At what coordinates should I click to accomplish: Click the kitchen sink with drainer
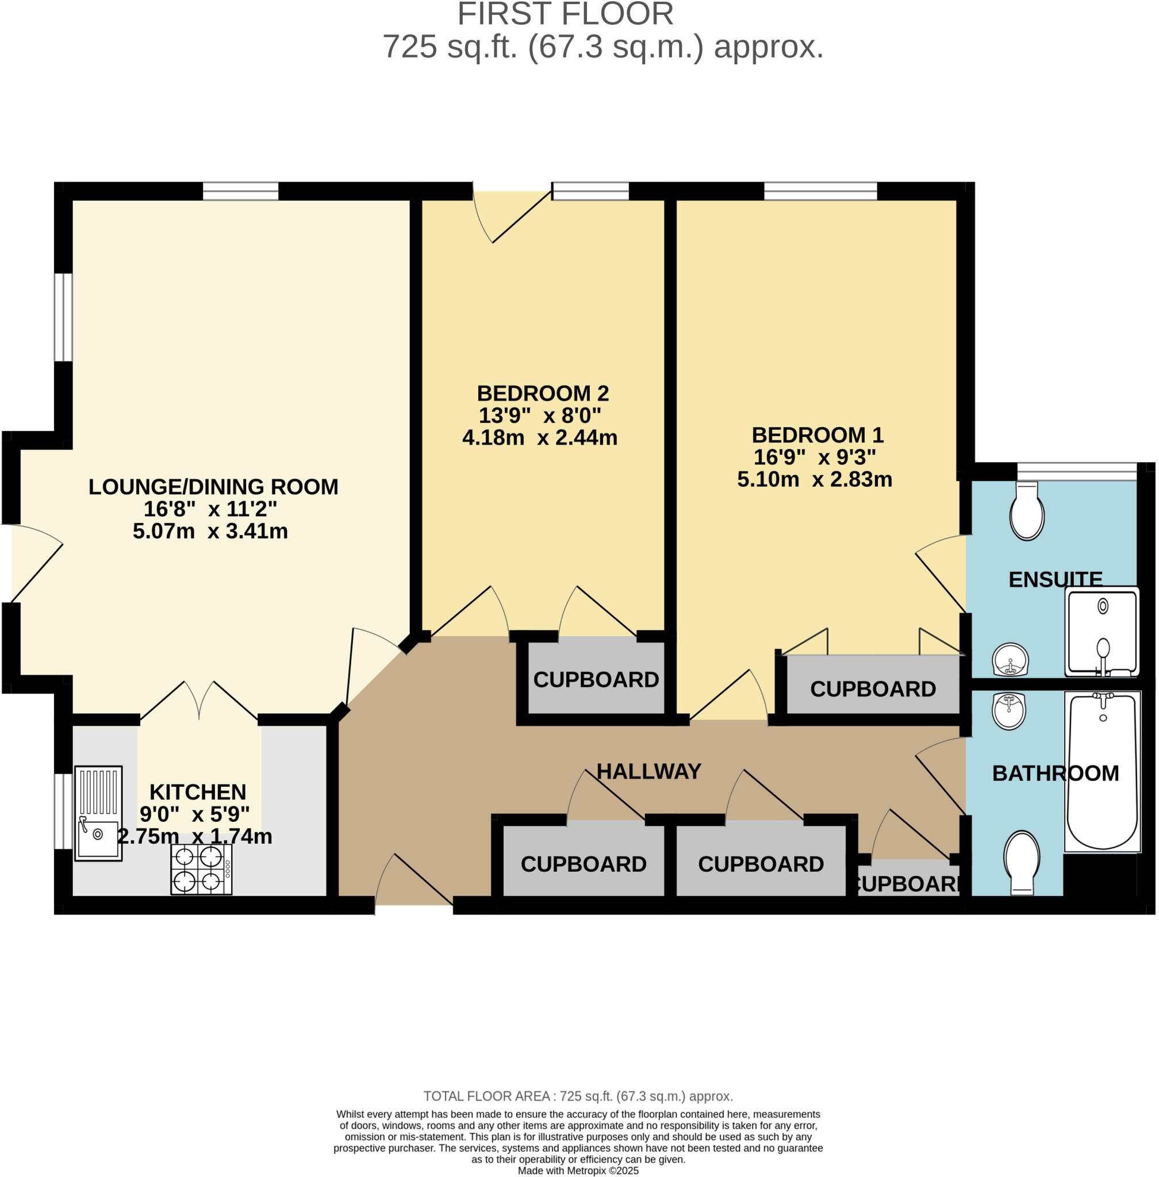(98, 813)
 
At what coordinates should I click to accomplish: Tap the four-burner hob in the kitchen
(201, 868)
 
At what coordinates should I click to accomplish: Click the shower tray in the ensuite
(1102, 631)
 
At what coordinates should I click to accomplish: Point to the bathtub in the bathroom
(1103, 771)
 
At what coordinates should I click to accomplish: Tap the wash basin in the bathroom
(1010, 710)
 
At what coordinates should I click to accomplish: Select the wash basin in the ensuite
(1011, 660)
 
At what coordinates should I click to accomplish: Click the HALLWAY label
(649, 771)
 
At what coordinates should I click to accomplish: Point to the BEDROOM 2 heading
(542, 393)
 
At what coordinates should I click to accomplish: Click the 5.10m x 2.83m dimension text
(815, 479)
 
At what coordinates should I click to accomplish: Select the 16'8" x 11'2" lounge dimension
(210, 508)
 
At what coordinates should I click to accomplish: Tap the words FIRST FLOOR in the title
(565, 14)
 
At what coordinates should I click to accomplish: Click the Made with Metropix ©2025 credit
(578, 1170)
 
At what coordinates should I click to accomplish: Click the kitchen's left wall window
(63, 811)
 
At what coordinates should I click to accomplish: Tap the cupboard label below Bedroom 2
(596, 679)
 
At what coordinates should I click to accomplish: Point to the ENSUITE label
(1055, 579)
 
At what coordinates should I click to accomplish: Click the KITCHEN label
(198, 792)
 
